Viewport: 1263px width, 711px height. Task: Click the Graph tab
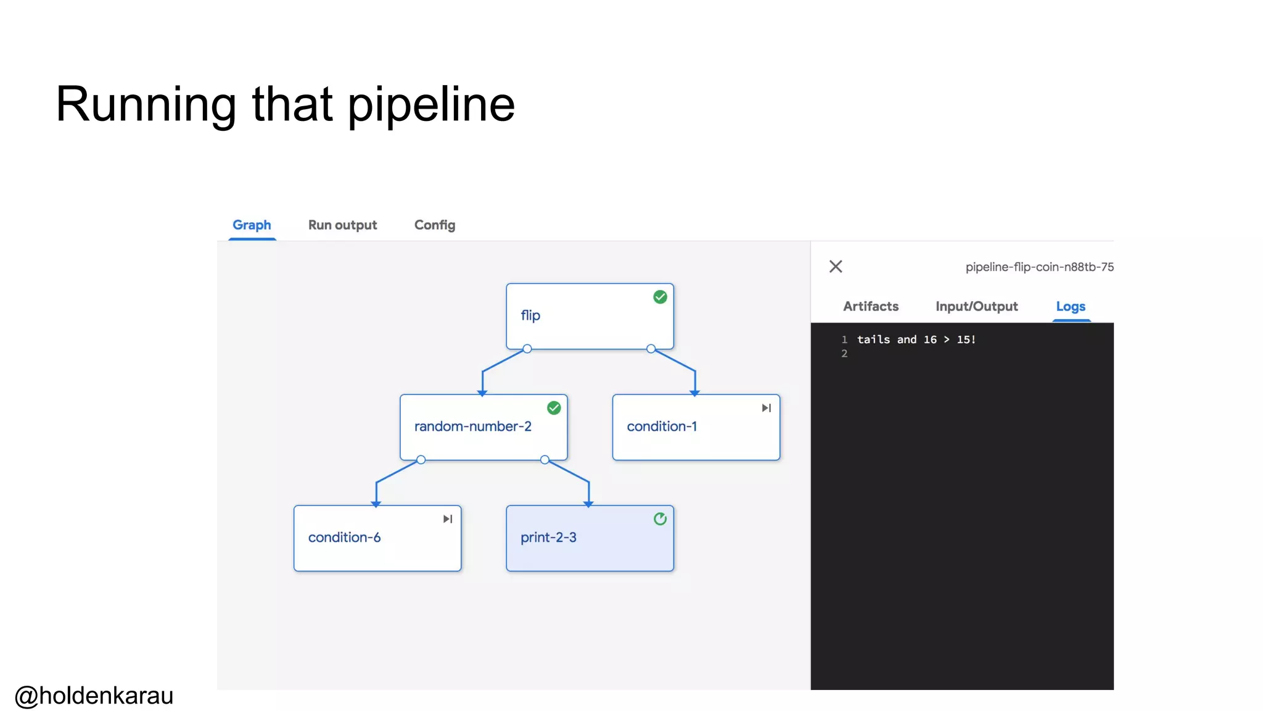pyautogui.click(x=252, y=225)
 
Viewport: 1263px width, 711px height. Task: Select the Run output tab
pyautogui.click(x=342, y=225)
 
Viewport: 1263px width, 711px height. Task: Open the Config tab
pyautogui.click(x=435, y=225)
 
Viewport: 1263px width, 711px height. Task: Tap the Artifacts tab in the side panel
pyautogui.click(x=871, y=306)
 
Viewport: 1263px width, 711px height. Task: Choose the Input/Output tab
pyautogui.click(x=976, y=306)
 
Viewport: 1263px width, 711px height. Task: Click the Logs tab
pyautogui.click(x=1071, y=306)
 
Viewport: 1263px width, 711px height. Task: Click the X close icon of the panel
pyautogui.click(x=836, y=267)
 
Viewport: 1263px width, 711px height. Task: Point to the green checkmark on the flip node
pyautogui.click(x=660, y=297)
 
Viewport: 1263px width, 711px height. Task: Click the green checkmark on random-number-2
pyautogui.click(x=554, y=408)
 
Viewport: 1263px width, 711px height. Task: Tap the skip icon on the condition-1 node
pyautogui.click(x=766, y=408)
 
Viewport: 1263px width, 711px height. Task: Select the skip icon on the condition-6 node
pyautogui.click(x=448, y=519)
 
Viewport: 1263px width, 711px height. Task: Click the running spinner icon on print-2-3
pyautogui.click(x=660, y=519)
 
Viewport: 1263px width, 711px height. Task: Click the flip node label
pyautogui.click(x=530, y=315)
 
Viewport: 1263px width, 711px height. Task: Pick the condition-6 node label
pyautogui.click(x=344, y=538)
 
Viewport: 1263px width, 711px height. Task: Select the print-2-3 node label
pyautogui.click(x=548, y=538)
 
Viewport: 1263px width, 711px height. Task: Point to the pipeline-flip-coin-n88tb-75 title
pyautogui.click(x=1039, y=267)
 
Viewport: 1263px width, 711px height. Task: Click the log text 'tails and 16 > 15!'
pyautogui.click(x=916, y=339)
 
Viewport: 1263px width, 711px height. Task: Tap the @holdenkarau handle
pyautogui.click(x=94, y=696)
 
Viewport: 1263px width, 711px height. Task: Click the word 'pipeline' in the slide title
pyautogui.click(x=431, y=105)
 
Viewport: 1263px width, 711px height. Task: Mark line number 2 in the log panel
pyautogui.click(x=844, y=354)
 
